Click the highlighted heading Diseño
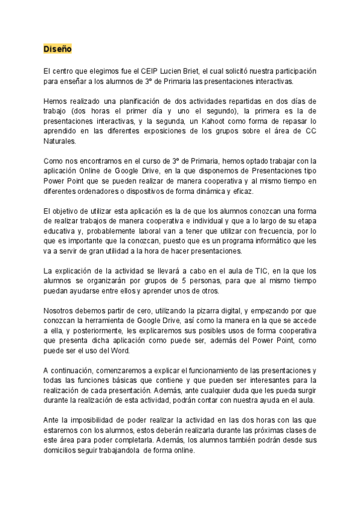tap(57, 49)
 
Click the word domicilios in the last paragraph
tap(64, 451)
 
